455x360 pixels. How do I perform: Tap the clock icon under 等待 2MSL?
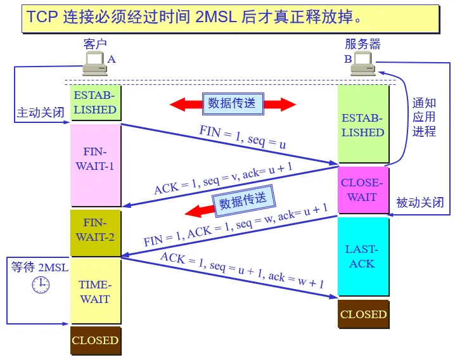40,285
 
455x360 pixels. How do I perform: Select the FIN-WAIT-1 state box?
95,165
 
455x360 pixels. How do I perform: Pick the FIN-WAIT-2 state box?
95,232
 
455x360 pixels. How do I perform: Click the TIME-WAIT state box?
95,292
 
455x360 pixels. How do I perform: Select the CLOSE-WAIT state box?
362,190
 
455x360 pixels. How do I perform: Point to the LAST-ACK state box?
362,257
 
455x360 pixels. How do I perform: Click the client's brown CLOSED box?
95,340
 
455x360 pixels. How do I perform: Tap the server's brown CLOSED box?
363,314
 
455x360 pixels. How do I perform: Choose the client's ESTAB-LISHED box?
95,103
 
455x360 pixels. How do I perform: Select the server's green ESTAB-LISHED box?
363,125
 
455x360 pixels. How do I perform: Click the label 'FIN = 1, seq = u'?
243,138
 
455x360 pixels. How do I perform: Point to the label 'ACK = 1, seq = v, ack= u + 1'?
223,178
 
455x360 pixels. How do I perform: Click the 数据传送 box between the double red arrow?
232,103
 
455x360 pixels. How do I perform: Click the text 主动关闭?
41,113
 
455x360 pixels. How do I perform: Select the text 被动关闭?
420,203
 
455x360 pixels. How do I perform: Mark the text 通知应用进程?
424,117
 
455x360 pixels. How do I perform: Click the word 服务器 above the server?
363,44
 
